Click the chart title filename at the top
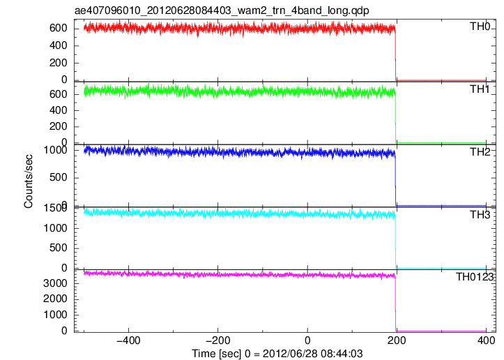point(222,11)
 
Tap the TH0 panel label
point(480,27)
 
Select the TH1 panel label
point(480,89)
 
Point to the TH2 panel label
point(480,152)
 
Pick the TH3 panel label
point(480,215)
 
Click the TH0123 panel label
point(475,277)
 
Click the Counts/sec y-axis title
point(29,181)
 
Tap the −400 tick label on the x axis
point(128,340)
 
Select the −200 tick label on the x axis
point(217,340)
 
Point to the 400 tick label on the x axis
point(486,340)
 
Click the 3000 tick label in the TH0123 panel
point(55,283)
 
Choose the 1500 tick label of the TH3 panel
point(55,208)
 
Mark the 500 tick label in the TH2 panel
point(59,178)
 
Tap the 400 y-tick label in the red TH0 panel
point(59,45)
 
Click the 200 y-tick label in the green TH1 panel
point(59,126)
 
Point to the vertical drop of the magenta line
point(395,304)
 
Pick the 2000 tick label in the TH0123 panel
point(55,299)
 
